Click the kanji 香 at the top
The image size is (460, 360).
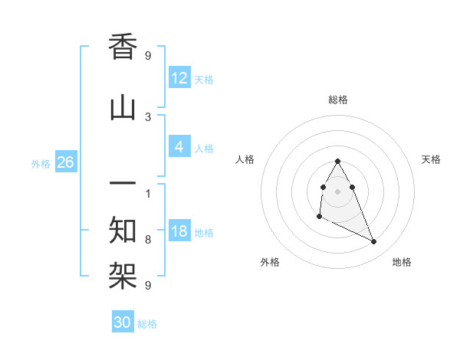[x=123, y=47]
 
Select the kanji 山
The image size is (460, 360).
[x=123, y=108]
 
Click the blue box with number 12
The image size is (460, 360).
[x=179, y=78]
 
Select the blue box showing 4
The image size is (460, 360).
[x=179, y=147]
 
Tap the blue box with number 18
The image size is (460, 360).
[x=179, y=231]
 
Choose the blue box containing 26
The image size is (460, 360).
[x=66, y=162]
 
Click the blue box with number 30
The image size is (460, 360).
[x=123, y=322]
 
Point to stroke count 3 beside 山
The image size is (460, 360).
[x=148, y=116]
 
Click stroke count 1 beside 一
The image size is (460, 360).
[x=148, y=193]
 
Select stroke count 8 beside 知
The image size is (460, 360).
[x=148, y=239]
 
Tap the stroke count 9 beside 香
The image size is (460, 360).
[x=148, y=55]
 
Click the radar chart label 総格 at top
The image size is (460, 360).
[x=338, y=100]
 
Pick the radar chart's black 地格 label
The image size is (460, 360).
[x=402, y=262]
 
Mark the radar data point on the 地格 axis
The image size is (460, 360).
[x=374, y=242]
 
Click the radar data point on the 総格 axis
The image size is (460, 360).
[x=338, y=162]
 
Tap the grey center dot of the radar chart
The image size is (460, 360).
[x=338, y=191]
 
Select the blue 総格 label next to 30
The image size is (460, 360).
[x=147, y=324]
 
